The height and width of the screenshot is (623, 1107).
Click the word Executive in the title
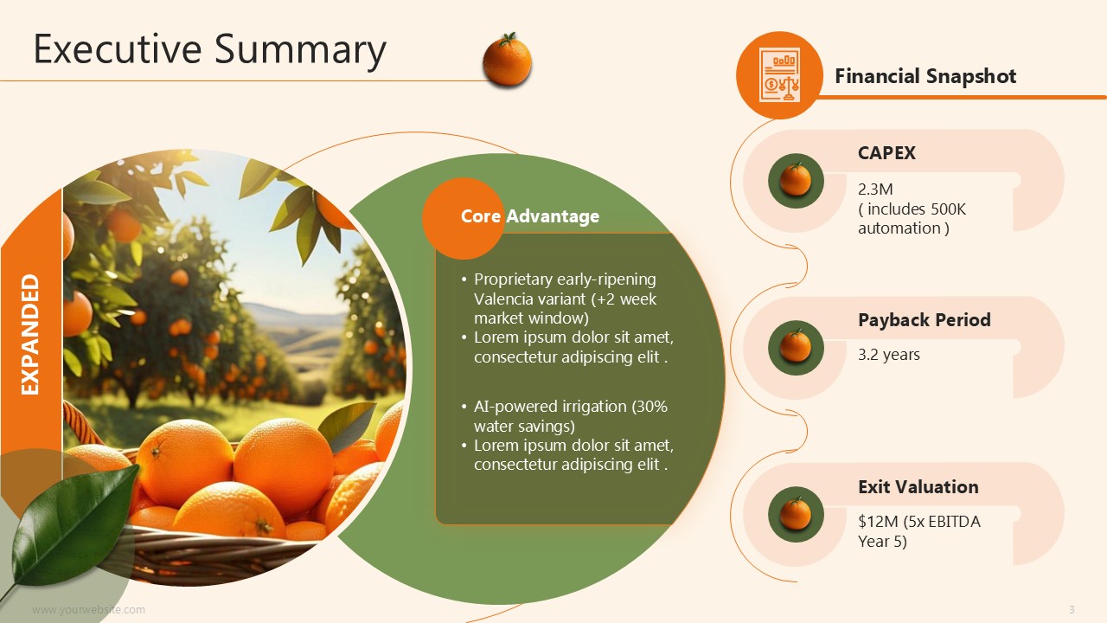click(x=118, y=49)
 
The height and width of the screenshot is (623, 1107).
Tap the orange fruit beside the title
click(x=507, y=60)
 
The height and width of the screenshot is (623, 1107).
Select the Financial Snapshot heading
click(x=925, y=76)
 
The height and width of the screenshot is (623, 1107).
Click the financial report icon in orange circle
click(x=779, y=75)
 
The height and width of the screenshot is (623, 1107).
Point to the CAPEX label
click(x=886, y=153)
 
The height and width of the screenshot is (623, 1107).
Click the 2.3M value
click(x=875, y=189)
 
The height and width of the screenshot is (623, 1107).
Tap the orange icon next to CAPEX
click(x=796, y=181)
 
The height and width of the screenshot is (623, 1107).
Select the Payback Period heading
click(x=925, y=320)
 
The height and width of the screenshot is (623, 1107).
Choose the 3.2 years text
click(x=888, y=355)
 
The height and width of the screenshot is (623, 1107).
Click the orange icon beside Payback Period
click(x=796, y=348)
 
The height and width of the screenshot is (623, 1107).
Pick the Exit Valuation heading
click(x=918, y=487)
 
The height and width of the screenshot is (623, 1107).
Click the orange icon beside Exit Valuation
click(x=796, y=514)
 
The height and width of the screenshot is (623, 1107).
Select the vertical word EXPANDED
click(x=30, y=335)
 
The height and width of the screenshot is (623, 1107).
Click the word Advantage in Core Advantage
click(x=553, y=216)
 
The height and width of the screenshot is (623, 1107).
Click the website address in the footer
click(x=88, y=610)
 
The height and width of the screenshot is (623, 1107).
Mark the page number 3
click(x=1072, y=610)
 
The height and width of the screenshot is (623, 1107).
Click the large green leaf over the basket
click(x=74, y=527)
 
